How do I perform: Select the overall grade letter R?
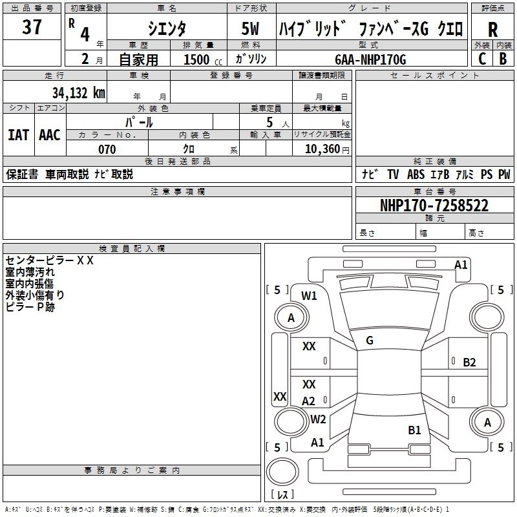pos(492,30)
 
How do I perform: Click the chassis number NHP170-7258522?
pos(434,206)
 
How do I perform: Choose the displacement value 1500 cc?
pos(196,60)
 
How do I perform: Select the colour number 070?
pos(107,149)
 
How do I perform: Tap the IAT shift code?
pos(19,135)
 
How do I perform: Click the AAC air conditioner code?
pos(50,135)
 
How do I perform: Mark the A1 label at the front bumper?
pos(461,264)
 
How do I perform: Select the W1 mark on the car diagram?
pos(309,296)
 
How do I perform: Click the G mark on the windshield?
pos(370,341)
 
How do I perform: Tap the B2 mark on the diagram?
pos(469,362)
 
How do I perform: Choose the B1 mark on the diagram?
pos(414,430)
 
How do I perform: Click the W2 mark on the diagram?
pos(318,419)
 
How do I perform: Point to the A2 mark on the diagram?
pos(309,401)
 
